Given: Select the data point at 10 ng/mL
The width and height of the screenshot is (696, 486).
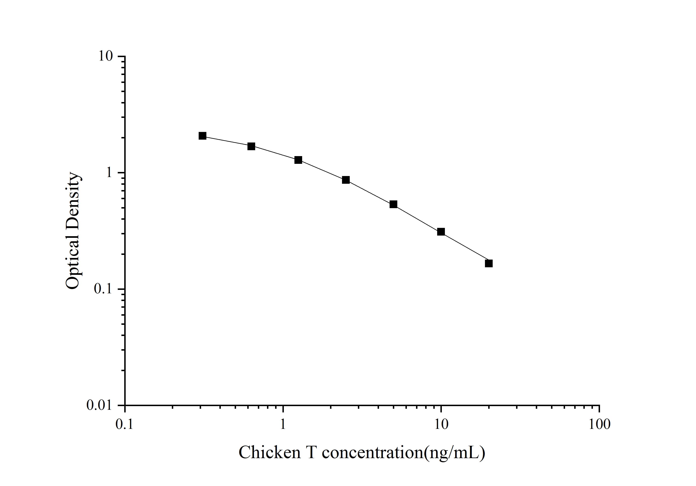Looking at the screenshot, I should [x=441, y=232].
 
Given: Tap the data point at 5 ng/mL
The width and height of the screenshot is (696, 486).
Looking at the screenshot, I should [x=393, y=204].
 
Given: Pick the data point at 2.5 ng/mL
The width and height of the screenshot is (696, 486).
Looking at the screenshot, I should [x=346, y=180].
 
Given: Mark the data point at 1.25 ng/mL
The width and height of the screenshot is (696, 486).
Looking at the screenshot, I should [x=298, y=160].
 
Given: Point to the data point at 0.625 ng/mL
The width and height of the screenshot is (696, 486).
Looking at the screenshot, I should [x=251, y=146].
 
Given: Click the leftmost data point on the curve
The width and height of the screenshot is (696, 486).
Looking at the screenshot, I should [x=203, y=136].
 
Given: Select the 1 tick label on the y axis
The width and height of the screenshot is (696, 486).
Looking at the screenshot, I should [x=109, y=173].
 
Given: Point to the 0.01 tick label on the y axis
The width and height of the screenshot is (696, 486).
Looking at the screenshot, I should [x=99, y=405].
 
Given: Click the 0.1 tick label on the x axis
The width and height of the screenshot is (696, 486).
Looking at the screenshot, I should [x=125, y=424].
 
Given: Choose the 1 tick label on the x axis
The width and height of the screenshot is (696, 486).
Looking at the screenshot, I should [x=283, y=424].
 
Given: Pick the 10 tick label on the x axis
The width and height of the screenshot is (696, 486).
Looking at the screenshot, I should [x=441, y=424].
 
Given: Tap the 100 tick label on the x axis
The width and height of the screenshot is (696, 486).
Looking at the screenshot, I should [x=599, y=424].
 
